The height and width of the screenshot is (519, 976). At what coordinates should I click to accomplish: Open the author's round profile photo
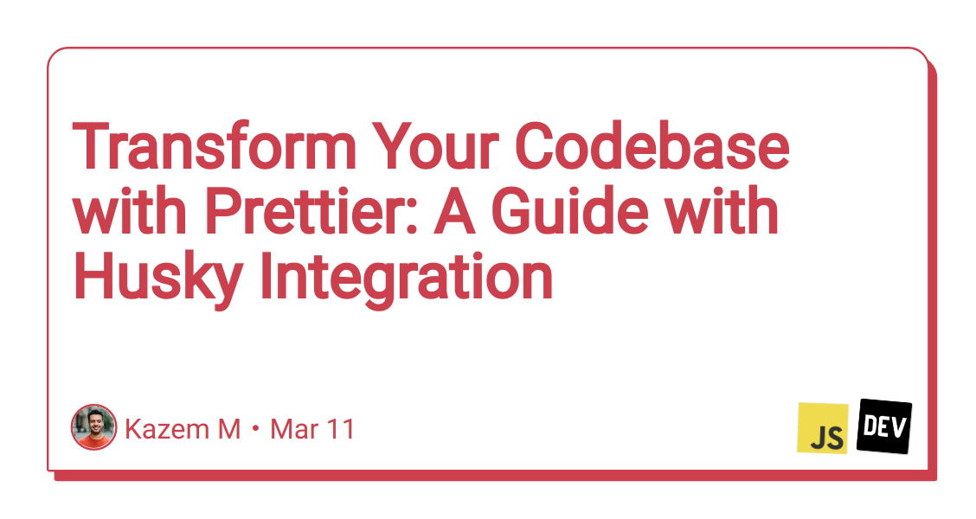click(x=93, y=427)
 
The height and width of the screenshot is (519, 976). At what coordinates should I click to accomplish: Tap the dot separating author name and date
click(x=256, y=430)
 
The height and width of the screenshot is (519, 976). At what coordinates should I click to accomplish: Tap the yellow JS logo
click(x=822, y=428)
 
